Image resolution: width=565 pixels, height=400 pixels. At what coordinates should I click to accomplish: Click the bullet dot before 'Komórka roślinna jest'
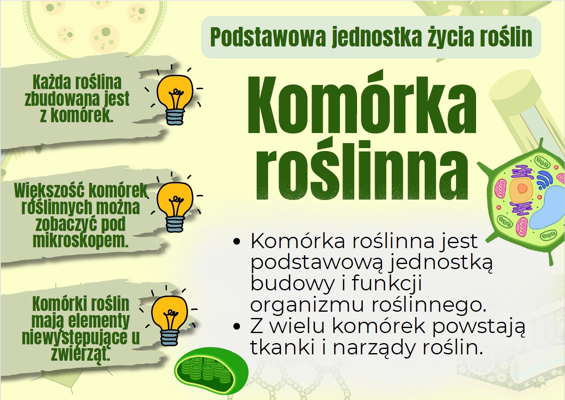(236, 241)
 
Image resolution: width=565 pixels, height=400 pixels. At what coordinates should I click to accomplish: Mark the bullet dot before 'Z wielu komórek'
(236, 326)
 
